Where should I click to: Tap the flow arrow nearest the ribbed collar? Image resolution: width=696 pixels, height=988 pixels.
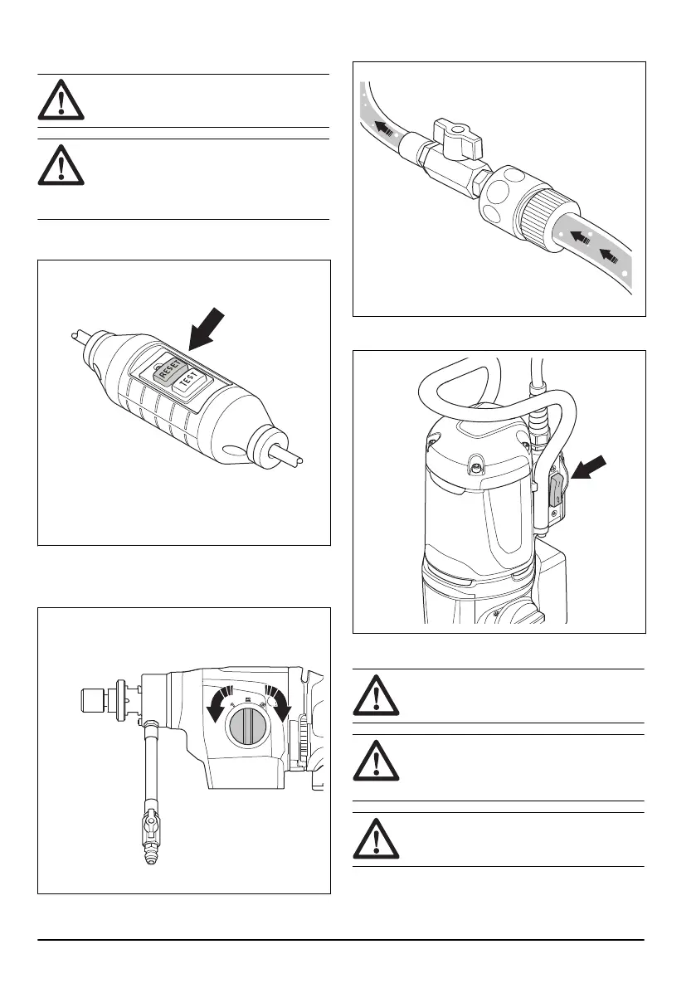pos(580,238)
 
